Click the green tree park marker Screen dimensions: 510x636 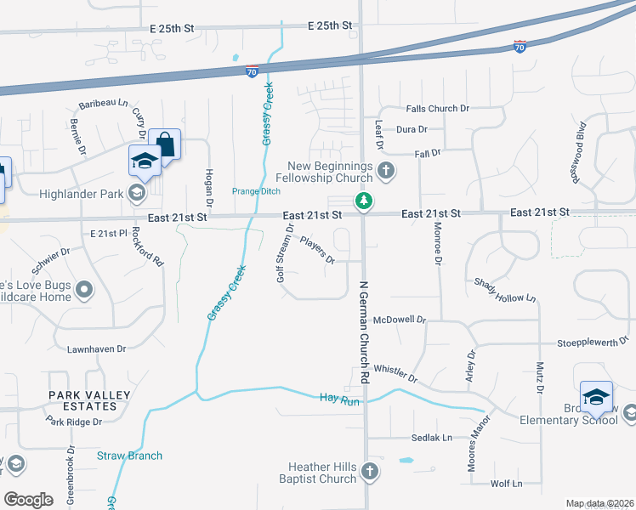tap(364, 201)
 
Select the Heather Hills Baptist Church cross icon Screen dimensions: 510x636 tap(369, 470)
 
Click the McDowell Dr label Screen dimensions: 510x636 tap(399, 320)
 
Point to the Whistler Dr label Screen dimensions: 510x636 tap(395, 371)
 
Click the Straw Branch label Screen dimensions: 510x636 tap(129, 456)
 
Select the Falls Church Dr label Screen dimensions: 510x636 tap(438, 109)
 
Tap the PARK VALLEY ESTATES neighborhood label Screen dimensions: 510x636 tap(89, 400)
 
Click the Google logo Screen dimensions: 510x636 tap(29, 499)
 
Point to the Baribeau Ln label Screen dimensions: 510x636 tap(103, 104)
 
